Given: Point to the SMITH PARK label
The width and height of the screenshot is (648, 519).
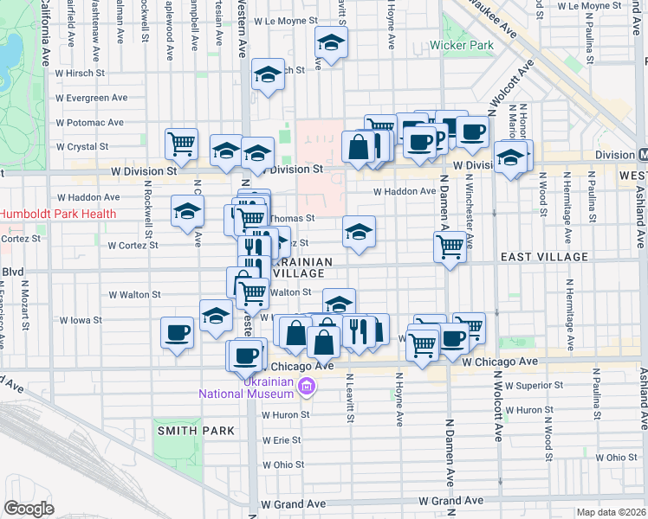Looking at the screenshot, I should click(x=196, y=430).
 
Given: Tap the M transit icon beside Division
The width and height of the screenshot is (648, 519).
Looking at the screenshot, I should click(x=640, y=155).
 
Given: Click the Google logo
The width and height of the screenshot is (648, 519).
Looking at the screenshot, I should click(x=29, y=509).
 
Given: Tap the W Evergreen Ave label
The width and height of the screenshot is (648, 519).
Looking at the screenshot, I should click(x=94, y=98).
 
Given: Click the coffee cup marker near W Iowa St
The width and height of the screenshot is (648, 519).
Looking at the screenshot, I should click(x=178, y=333).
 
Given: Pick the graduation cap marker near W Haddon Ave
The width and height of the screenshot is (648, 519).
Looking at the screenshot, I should click(x=187, y=212).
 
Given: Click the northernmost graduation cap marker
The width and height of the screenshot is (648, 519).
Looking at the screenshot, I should click(x=330, y=42).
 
